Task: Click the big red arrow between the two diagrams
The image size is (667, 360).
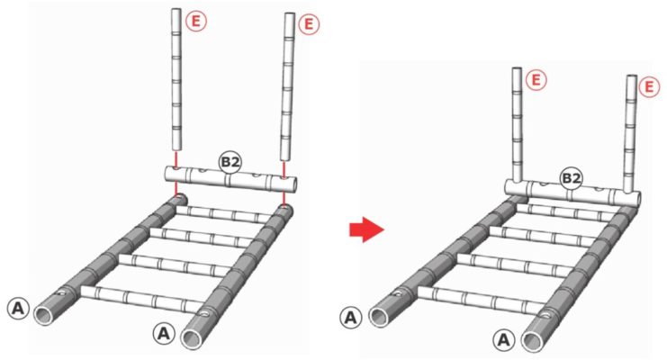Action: click(x=366, y=229)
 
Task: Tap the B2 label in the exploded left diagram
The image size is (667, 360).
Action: click(x=230, y=163)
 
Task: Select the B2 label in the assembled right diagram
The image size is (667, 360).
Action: click(x=571, y=179)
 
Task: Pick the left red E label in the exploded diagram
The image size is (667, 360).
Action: click(x=195, y=22)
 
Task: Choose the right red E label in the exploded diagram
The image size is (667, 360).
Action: click(x=309, y=24)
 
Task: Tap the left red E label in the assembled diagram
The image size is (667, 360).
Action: click(x=536, y=80)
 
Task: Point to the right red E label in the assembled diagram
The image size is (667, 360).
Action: click(x=649, y=87)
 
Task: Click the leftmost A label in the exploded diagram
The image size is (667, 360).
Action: click(x=18, y=308)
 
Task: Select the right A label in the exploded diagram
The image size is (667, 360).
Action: click(x=163, y=334)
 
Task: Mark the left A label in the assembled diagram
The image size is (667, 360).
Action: click(x=350, y=318)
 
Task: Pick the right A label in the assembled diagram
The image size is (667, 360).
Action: click(x=504, y=340)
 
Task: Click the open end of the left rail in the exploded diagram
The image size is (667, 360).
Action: click(x=44, y=315)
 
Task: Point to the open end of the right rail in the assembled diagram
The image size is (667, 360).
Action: click(x=533, y=341)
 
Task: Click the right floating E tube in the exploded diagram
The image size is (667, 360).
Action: click(x=288, y=86)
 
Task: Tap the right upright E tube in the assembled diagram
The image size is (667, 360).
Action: click(x=631, y=134)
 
